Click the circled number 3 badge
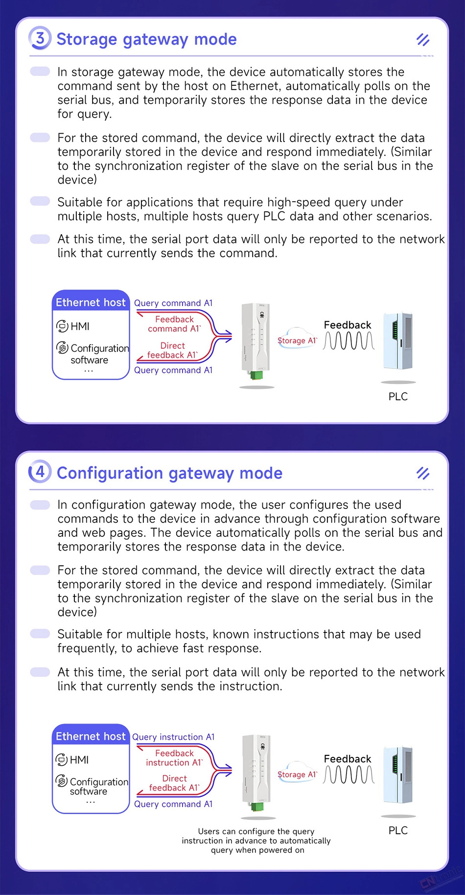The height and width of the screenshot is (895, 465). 40,38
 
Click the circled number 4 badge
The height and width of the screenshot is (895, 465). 40,472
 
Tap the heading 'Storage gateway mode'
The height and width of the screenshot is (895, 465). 146,39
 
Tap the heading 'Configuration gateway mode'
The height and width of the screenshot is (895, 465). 169,473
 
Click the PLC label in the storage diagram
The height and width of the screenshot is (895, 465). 398,396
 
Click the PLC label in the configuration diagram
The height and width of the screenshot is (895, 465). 398,830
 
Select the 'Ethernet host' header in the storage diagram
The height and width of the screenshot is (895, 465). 91,302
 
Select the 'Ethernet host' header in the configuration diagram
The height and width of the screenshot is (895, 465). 91,736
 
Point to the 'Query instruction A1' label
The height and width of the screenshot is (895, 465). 173,737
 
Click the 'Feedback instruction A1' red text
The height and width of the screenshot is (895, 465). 174,758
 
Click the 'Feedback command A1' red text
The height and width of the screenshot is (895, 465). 174,324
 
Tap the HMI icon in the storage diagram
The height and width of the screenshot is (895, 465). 62,326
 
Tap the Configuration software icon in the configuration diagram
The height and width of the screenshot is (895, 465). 62,780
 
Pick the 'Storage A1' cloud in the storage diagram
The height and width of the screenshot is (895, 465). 297,339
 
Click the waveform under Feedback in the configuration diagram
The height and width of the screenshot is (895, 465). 349,775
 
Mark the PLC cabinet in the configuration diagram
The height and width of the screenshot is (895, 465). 398,775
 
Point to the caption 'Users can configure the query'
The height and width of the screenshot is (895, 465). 256,831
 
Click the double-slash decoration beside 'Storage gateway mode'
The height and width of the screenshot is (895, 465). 423,40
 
